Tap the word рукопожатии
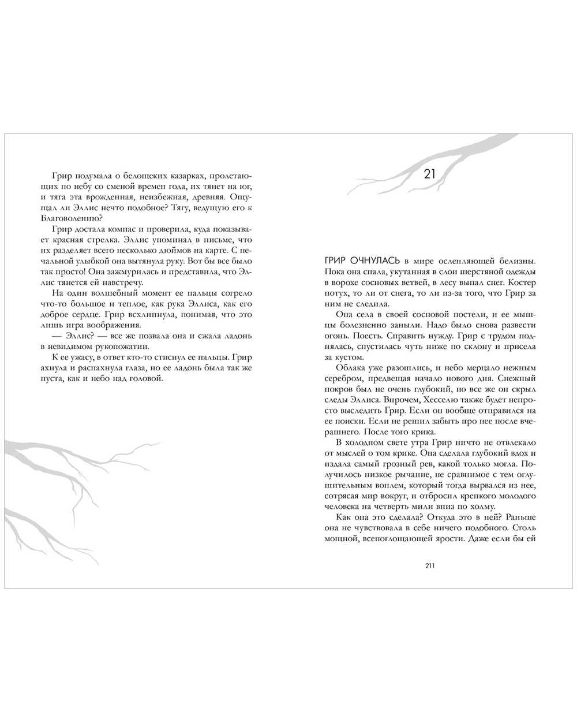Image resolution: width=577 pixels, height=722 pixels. click(106, 347)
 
